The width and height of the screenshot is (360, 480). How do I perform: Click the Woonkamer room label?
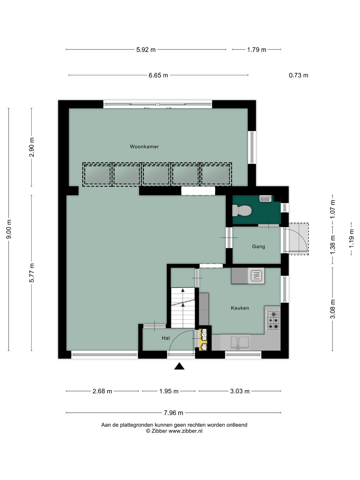144,147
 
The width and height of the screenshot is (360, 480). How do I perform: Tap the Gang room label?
258,246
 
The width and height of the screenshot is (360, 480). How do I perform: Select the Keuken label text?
240,308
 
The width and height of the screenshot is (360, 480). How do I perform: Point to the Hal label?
166,338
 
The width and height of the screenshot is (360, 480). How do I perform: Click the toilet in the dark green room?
242,210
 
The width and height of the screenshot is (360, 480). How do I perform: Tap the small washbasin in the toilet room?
266,199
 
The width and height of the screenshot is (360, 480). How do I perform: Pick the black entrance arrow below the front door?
179,366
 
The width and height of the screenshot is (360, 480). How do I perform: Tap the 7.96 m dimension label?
173,413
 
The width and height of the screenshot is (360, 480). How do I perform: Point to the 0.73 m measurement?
298,75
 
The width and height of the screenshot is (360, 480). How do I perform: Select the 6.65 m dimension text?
158,75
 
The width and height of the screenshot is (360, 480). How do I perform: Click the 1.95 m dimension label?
169,391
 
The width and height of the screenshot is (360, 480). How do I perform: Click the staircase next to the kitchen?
183,308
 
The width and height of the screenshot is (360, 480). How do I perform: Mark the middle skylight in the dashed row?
156,175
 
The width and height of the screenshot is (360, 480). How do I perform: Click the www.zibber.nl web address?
185,431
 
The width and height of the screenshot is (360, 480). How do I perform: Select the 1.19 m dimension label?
351,239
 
